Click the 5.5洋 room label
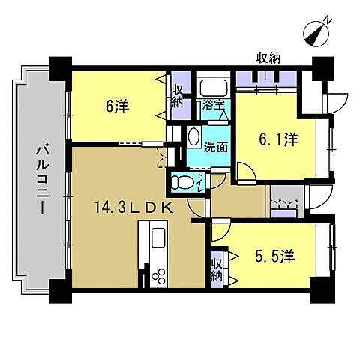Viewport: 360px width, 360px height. coord(274,256)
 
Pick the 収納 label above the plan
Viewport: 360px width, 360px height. coord(267,58)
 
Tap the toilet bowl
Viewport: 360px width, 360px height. coord(181,181)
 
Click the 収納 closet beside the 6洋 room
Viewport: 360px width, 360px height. coord(177,96)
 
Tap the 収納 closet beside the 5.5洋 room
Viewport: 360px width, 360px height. coord(217,268)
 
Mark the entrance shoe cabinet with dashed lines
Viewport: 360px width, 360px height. coord(283,203)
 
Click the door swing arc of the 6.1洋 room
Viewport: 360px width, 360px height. coord(245,171)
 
